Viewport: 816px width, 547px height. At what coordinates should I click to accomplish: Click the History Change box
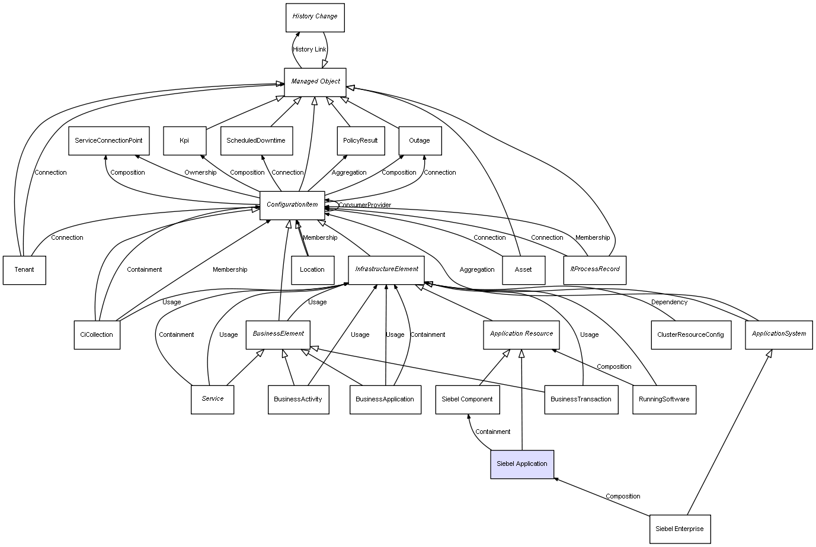click(315, 17)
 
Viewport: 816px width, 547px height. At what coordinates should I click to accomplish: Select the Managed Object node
click(315, 82)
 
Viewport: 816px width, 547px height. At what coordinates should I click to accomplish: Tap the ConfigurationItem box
click(292, 205)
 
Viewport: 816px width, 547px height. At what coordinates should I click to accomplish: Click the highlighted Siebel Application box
click(522, 464)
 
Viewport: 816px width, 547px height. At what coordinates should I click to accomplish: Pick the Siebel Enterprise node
click(680, 529)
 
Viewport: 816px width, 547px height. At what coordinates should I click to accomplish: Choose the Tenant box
click(24, 270)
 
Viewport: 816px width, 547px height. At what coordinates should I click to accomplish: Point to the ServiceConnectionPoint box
click(108, 141)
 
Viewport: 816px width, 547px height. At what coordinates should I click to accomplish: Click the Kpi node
click(184, 141)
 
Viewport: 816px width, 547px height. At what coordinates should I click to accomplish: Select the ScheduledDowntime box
click(256, 141)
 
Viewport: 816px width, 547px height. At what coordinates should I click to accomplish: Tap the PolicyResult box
click(360, 141)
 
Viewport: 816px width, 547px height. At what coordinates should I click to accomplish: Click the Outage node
click(420, 141)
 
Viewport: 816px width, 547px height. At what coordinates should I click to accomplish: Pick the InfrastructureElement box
click(386, 270)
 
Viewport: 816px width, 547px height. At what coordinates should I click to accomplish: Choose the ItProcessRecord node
click(595, 270)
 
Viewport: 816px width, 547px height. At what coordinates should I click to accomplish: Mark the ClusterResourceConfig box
click(690, 335)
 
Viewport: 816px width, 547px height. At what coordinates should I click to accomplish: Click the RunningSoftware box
click(664, 400)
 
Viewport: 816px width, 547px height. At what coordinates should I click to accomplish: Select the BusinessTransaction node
click(581, 400)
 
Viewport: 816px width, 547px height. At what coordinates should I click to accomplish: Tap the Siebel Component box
click(467, 400)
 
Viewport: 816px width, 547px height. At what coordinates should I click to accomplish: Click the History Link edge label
click(309, 50)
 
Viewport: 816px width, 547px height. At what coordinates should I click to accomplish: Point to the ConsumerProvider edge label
click(364, 205)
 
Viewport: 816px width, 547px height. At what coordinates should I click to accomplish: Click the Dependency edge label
click(669, 303)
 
